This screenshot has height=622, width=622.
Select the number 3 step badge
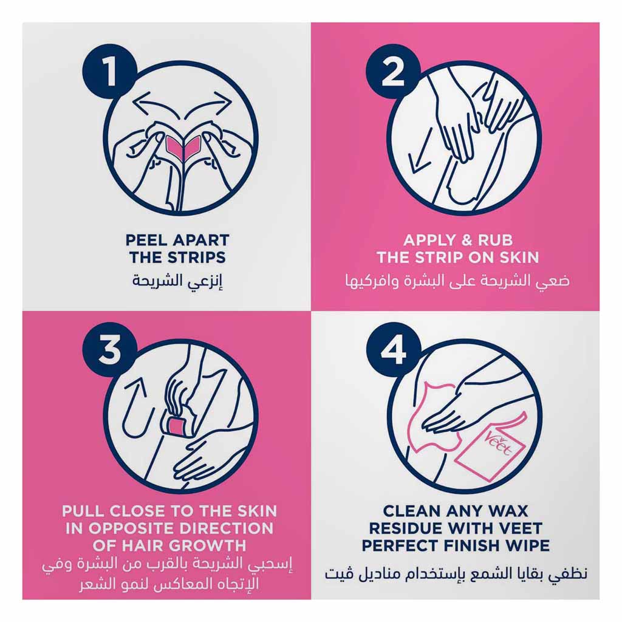click(x=109, y=349)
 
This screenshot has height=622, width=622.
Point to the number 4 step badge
click(x=393, y=349)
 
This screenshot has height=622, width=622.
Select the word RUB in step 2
click(x=495, y=240)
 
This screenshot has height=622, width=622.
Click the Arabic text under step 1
click(x=177, y=281)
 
